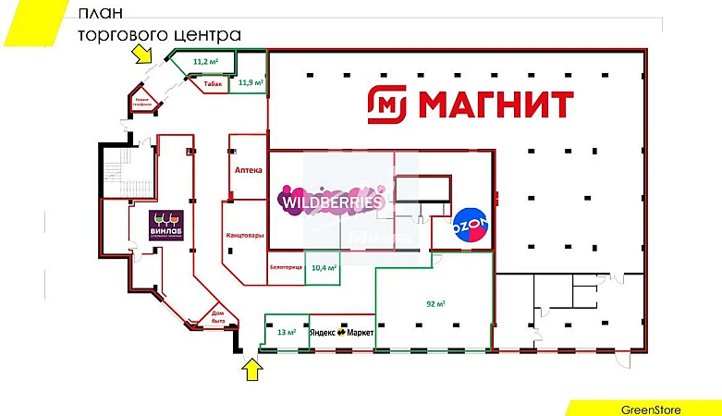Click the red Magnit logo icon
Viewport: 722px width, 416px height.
click(387, 104)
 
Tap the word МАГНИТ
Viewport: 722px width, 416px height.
click(496, 104)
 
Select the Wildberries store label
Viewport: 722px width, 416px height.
click(331, 201)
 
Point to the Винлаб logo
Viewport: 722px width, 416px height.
click(166, 225)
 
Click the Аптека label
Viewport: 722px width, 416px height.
click(249, 171)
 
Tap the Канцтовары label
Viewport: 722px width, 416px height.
click(244, 236)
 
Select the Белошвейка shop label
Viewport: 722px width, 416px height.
click(287, 266)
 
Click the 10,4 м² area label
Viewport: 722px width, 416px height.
click(324, 267)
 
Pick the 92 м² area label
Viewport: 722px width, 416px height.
click(436, 303)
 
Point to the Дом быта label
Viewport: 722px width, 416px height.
click(218, 316)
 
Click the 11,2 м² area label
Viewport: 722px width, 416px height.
click(204, 62)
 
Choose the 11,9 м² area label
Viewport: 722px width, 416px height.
click(251, 83)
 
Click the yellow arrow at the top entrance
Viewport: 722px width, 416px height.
click(141, 54)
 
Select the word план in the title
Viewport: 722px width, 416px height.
click(98, 14)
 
